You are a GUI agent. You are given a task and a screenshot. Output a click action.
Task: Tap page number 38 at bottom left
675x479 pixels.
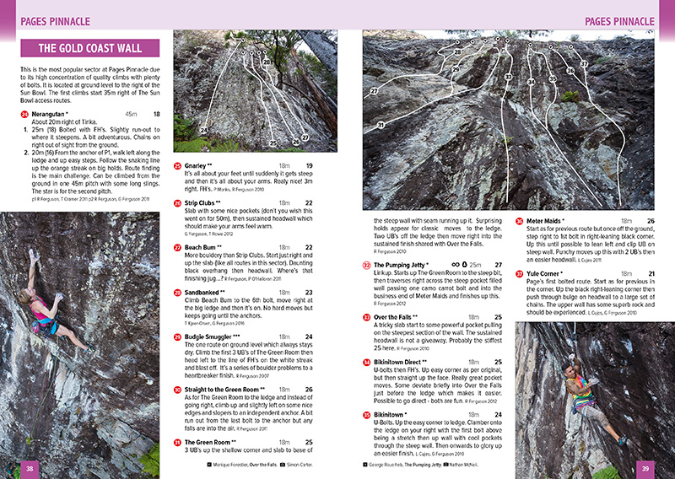[30, 468]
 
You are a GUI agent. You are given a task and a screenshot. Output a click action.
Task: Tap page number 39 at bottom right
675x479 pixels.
[645, 468]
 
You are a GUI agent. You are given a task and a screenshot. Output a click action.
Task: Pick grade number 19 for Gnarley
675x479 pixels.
[310, 165]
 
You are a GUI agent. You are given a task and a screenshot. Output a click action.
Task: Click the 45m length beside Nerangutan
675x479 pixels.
[131, 113]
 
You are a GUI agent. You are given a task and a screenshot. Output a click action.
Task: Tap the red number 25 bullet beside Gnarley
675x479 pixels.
[177, 166]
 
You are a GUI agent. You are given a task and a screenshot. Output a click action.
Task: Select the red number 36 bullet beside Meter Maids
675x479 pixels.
[520, 222]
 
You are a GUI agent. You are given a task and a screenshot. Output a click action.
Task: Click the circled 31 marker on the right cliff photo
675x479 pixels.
[381, 125]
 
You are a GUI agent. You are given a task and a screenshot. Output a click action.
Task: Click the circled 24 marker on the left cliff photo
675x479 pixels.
[203, 130]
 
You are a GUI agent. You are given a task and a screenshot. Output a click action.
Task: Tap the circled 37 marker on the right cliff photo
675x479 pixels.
[584, 64]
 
